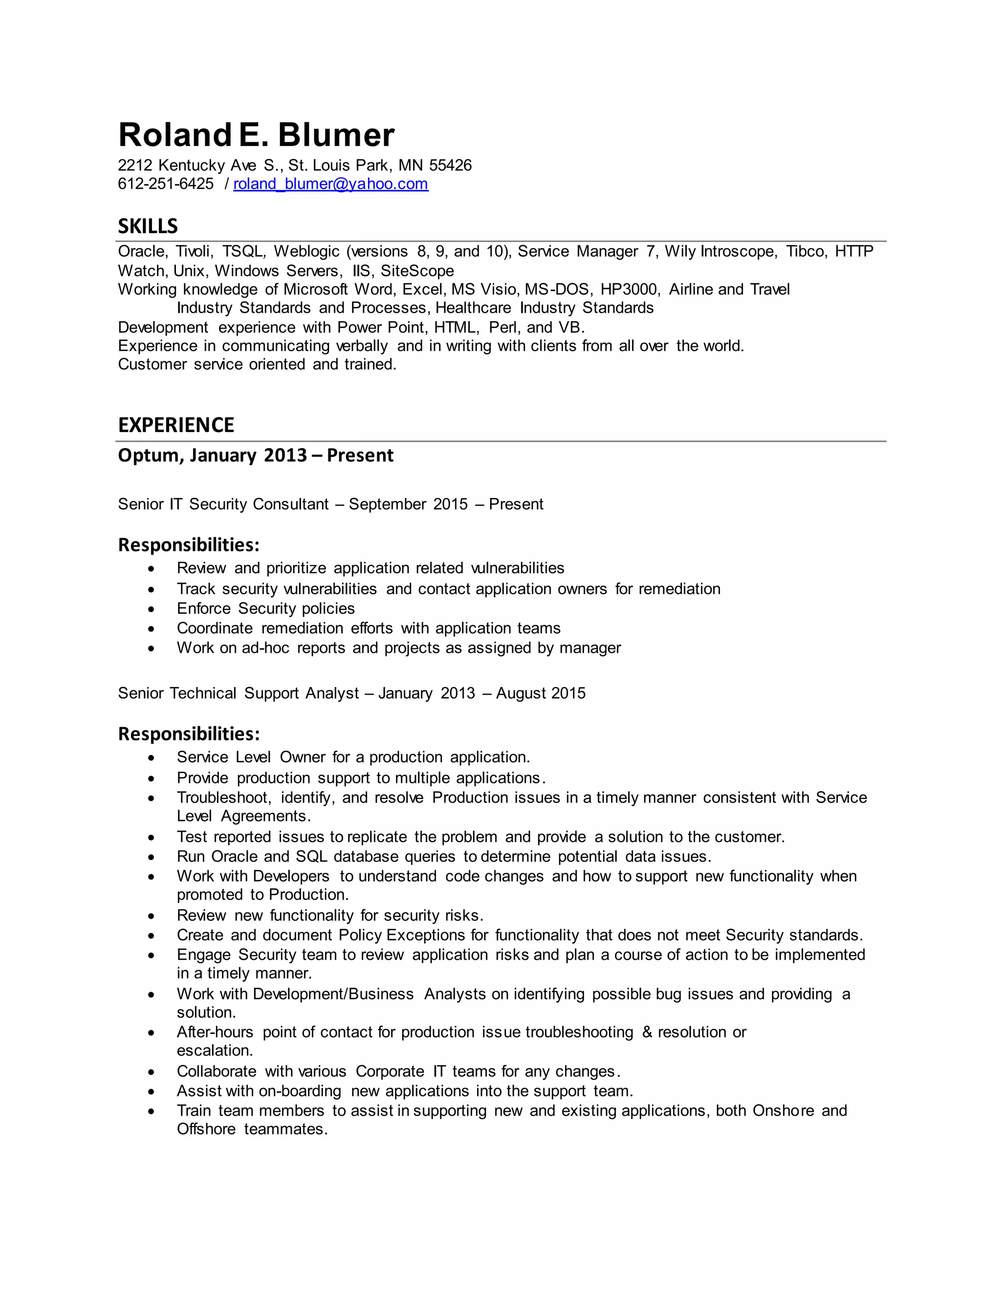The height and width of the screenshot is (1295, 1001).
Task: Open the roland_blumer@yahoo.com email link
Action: click(x=330, y=184)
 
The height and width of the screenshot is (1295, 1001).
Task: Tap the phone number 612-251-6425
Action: click(x=166, y=184)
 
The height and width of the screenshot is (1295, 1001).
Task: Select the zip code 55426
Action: click(x=450, y=166)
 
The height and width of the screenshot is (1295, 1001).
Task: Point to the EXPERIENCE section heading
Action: click(x=176, y=425)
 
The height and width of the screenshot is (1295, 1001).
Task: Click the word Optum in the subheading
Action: click(x=150, y=455)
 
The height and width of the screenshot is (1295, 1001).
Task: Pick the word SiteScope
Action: click(x=417, y=271)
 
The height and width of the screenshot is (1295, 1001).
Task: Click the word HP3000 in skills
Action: click(x=629, y=289)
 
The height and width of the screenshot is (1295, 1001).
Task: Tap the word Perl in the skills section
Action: click(x=503, y=327)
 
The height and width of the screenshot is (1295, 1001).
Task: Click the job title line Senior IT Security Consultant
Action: click(x=223, y=504)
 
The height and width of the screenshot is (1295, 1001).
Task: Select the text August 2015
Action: click(x=540, y=693)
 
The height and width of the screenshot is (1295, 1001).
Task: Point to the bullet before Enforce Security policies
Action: click(x=152, y=609)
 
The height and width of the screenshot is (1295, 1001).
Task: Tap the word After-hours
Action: click(x=215, y=1032)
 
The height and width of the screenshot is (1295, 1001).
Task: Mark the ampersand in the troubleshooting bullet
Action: click(x=646, y=1032)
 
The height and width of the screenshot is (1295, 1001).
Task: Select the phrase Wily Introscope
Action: click(x=720, y=251)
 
